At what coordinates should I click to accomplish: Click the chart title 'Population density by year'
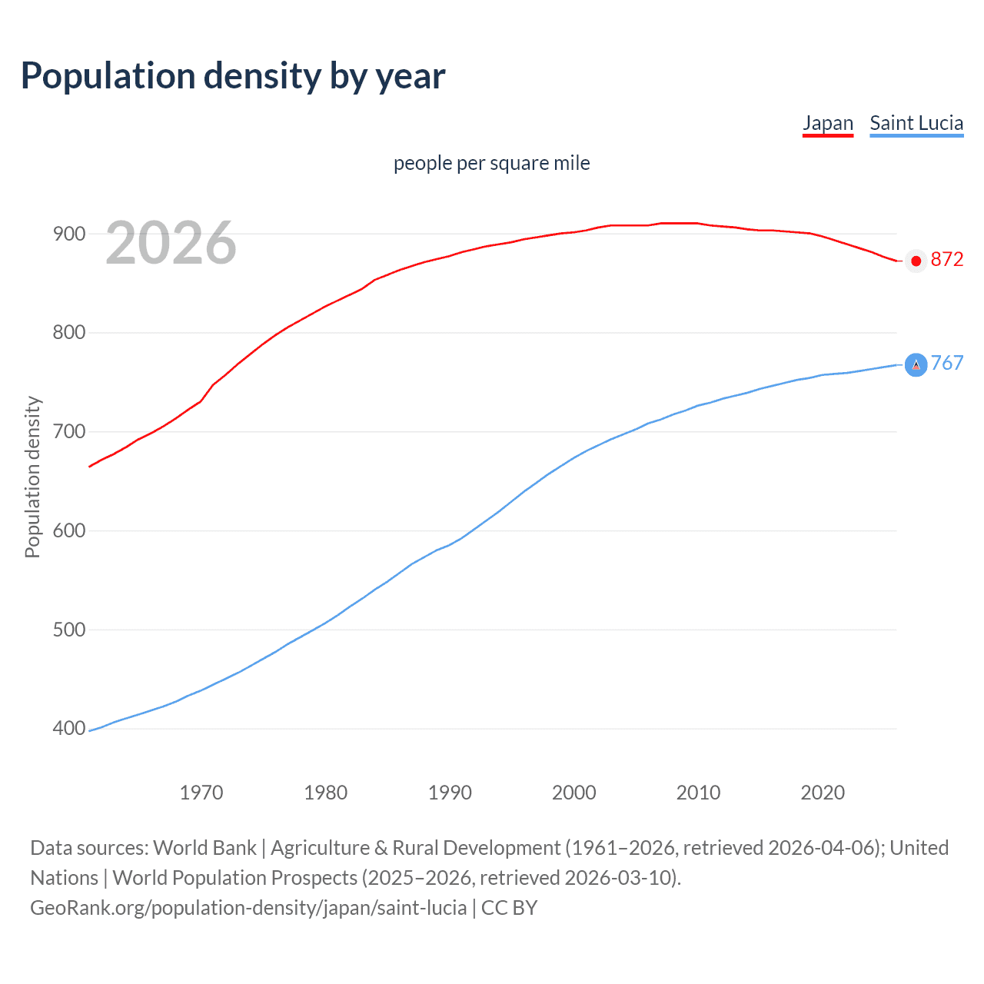(233, 76)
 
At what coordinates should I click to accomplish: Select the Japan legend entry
(828, 123)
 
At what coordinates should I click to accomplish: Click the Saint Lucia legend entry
(916, 123)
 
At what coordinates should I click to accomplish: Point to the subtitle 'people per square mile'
(491, 163)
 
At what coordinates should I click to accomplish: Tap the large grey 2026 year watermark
(171, 243)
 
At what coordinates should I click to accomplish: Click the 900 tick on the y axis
(69, 234)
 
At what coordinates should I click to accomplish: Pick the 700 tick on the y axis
(69, 432)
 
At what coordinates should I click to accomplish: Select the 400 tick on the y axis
(69, 729)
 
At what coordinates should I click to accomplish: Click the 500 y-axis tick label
(69, 630)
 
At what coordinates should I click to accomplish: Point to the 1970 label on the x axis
(201, 793)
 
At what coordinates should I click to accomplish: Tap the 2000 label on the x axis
(573, 793)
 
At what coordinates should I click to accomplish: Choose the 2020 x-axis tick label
(823, 793)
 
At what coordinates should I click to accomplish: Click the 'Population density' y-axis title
(32, 477)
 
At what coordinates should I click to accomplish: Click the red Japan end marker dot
(916, 261)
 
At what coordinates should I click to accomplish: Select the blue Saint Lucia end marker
(916, 364)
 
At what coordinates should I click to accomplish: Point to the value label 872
(947, 260)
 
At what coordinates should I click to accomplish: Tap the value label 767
(947, 363)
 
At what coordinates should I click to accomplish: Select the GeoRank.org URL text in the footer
(248, 908)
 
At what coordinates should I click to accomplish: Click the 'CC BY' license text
(509, 908)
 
